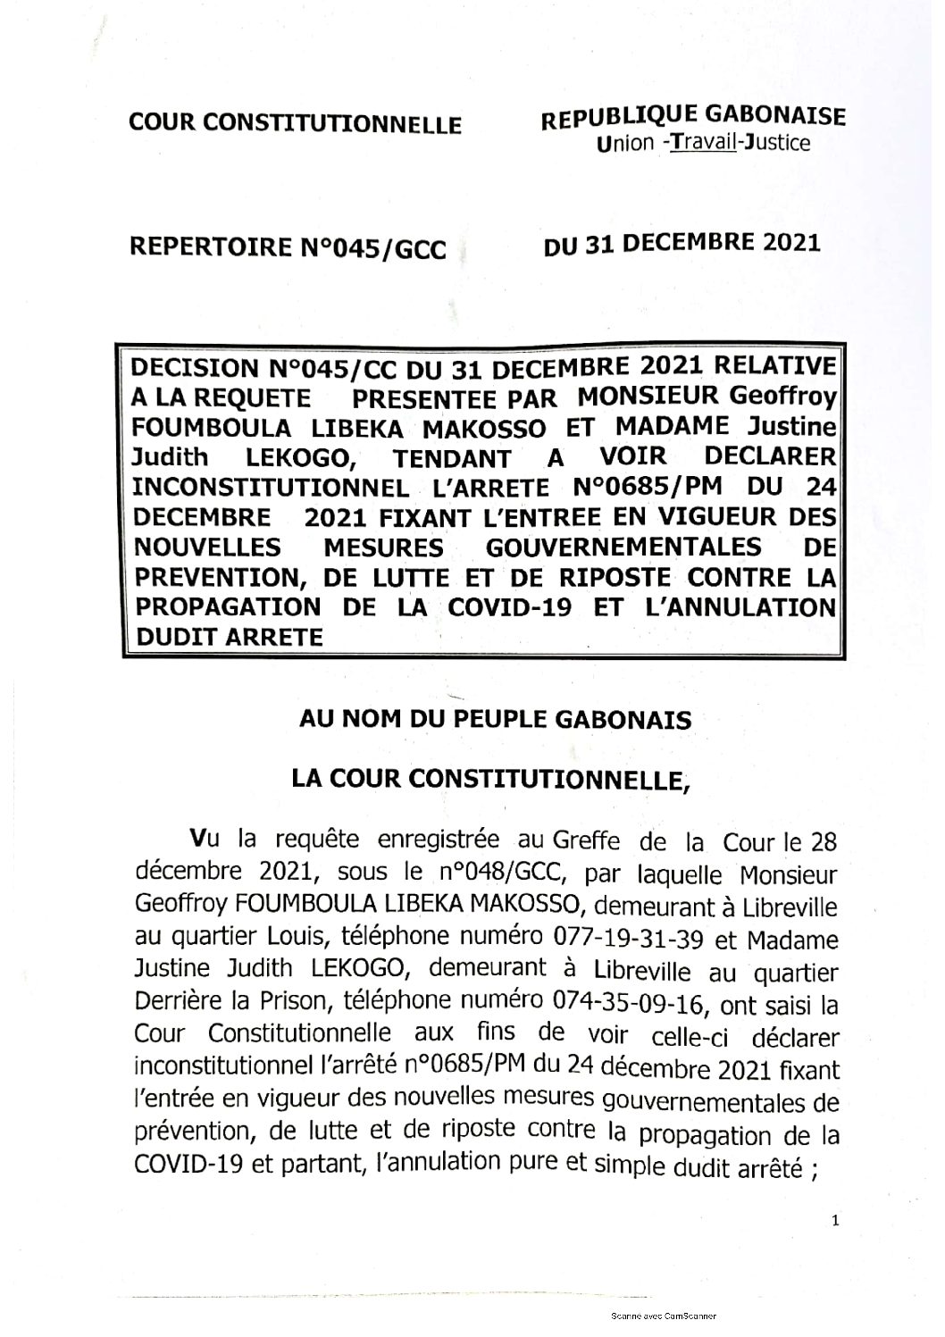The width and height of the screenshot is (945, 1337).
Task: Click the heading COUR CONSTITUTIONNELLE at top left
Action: (x=296, y=122)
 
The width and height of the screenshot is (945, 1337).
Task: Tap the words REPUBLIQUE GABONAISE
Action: (x=695, y=116)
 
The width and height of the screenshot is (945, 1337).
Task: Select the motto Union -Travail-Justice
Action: (x=704, y=143)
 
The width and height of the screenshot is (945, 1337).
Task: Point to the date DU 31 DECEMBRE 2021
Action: (x=682, y=243)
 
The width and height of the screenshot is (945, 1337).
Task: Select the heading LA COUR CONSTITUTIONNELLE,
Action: (x=492, y=779)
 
